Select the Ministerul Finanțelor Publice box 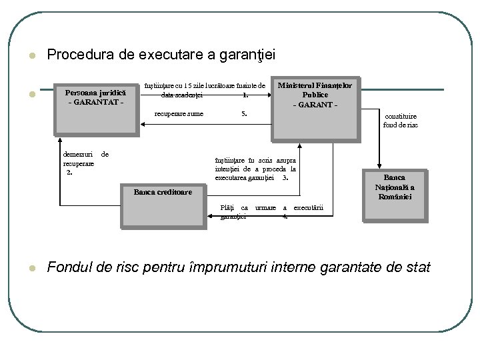315,103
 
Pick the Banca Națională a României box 394,193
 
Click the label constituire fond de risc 401,120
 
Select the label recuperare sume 179,113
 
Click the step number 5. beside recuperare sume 245,113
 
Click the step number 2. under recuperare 69,172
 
